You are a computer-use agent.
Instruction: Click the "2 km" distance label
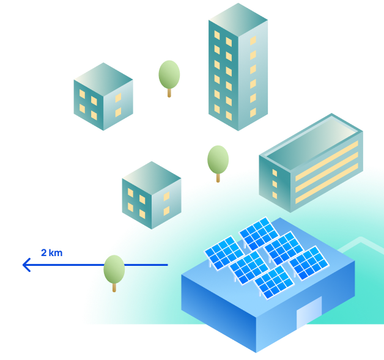(x=52, y=253)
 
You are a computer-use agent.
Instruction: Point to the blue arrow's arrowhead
(x=26, y=265)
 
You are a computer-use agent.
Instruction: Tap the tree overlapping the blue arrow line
(x=114, y=273)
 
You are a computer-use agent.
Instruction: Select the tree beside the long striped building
(x=218, y=164)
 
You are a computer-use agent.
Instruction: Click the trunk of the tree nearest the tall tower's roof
(x=169, y=93)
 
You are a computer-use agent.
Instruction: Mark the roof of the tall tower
(x=238, y=20)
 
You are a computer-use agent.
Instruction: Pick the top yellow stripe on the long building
(x=327, y=161)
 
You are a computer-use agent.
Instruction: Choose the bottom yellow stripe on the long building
(x=327, y=183)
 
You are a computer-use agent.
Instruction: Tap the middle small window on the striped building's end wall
(x=275, y=184)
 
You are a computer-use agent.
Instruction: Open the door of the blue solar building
(x=309, y=312)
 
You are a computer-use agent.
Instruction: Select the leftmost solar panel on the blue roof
(x=224, y=253)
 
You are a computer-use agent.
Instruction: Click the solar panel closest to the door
(x=274, y=282)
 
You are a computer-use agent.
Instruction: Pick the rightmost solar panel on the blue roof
(x=309, y=263)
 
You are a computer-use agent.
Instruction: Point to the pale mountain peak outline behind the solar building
(x=361, y=238)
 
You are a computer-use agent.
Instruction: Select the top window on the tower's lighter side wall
(x=253, y=40)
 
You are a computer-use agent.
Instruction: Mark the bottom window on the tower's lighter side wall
(x=253, y=112)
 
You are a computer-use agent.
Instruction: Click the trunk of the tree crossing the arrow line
(x=114, y=287)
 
